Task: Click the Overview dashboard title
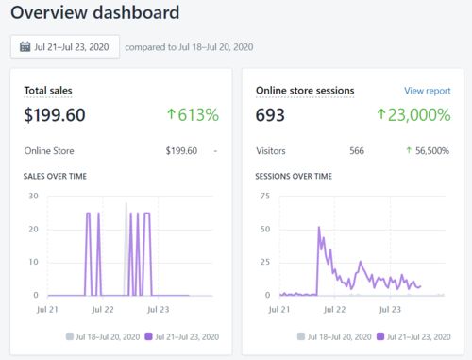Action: [x=96, y=14]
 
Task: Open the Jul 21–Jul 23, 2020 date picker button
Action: [x=64, y=47]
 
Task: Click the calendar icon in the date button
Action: [x=25, y=47]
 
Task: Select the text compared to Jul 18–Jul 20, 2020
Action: [x=189, y=47]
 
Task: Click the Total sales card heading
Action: [x=48, y=91]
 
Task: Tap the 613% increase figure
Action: [x=193, y=115]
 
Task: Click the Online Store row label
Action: [x=49, y=150]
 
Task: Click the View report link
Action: [x=427, y=91]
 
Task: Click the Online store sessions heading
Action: [x=305, y=91]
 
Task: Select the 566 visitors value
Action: [x=356, y=150]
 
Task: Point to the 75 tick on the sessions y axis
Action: [x=264, y=197]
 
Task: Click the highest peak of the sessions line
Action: [x=319, y=228]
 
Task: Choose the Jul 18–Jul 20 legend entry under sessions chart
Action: [x=339, y=335]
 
